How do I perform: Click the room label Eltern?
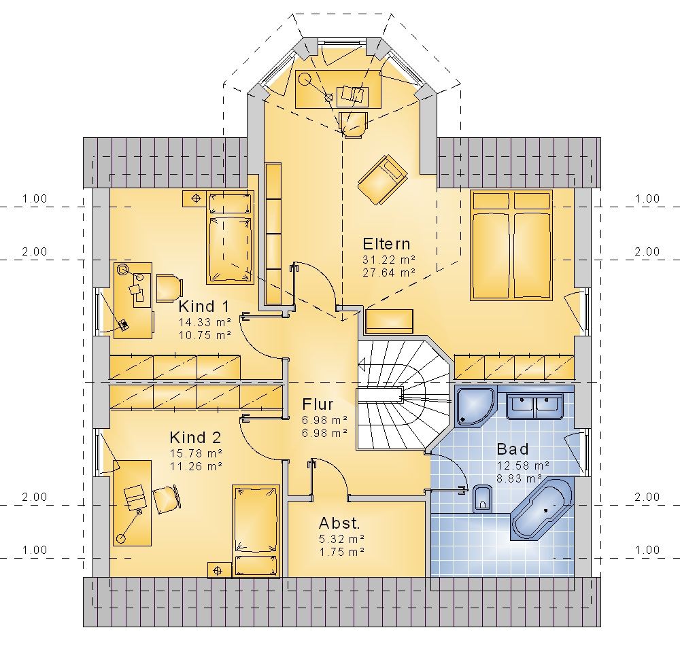386,244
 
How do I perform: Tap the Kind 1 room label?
203,306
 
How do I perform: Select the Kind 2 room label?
195,438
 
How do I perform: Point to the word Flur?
318,404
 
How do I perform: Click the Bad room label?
513,449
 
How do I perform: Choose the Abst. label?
339,523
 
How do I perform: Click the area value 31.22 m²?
389,260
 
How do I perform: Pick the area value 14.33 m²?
205,322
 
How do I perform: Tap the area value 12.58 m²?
523,466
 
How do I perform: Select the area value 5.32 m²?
342,539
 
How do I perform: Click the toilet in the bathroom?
482,499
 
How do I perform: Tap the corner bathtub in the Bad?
542,508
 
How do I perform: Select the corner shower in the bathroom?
475,406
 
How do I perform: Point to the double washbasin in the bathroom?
534,406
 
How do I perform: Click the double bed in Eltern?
511,245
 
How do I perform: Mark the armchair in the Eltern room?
382,179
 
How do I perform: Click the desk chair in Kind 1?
169,287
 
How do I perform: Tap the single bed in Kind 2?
256,531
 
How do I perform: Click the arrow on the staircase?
362,364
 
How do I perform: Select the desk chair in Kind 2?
166,499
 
